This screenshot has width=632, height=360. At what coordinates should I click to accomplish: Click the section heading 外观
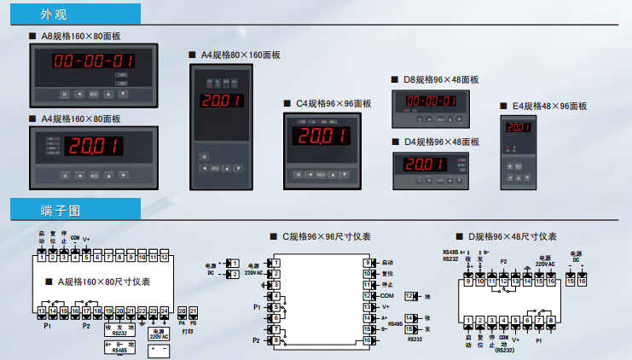(x=53, y=15)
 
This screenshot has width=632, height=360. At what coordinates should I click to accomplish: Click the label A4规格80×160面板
(x=239, y=55)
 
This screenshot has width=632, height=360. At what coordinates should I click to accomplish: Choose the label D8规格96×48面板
(x=441, y=79)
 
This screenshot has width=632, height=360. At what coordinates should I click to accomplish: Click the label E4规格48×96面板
(x=548, y=106)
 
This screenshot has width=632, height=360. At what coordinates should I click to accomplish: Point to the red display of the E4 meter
(x=517, y=128)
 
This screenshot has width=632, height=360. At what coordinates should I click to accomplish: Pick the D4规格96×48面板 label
(x=441, y=142)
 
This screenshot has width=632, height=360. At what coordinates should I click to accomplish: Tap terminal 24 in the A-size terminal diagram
(x=164, y=311)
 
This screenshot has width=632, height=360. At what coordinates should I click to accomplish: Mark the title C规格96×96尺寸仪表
(x=333, y=236)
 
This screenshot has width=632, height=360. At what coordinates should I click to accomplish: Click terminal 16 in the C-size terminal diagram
(x=368, y=340)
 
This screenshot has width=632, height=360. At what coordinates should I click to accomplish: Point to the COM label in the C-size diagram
(x=387, y=295)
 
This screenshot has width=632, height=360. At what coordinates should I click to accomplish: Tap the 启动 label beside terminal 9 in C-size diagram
(x=388, y=263)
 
